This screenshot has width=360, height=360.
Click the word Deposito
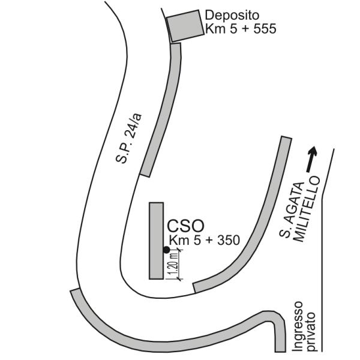coord(232,16)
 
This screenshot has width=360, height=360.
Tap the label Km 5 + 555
coord(241,29)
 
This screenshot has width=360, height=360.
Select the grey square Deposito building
coord(185,26)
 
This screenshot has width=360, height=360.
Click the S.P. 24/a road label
coord(129,139)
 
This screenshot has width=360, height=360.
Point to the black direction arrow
coord(312,159)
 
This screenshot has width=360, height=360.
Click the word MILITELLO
coord(308,209)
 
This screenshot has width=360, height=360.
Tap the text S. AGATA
coord(292,210)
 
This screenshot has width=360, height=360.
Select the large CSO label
coord(185,226)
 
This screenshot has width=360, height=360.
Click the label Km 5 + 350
coord(205,241)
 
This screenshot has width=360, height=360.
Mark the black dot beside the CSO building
coord(166,250)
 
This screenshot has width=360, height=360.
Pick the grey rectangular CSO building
coord(157,241)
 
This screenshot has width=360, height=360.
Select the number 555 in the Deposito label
coord(265,29)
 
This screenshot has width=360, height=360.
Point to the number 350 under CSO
coord(229,241)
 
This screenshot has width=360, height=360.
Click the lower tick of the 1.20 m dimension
coord(179,279)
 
